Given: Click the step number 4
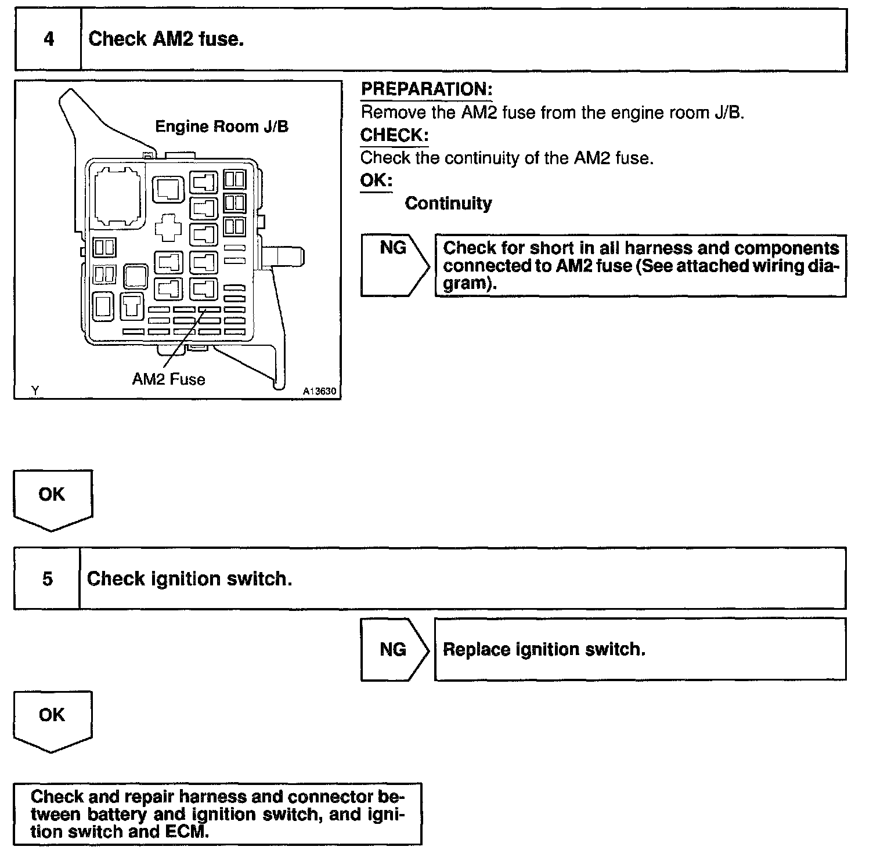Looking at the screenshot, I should coord(49,39).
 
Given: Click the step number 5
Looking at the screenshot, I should coord(48,579).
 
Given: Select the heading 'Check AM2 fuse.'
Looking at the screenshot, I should coord(165,39).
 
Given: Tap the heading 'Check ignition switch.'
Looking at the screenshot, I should coord(189,579).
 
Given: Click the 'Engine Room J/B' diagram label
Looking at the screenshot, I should coord(222,126).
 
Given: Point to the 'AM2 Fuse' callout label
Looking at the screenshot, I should coord(169,379).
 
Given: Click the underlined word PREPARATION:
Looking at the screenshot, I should coord(427,89).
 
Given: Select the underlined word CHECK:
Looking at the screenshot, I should coord(394,135).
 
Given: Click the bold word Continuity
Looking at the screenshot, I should coord(448,204).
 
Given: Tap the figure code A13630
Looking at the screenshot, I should coord(319,391).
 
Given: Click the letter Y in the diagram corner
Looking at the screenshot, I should coord(35,391).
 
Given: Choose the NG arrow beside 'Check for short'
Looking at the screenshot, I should coord(394,265).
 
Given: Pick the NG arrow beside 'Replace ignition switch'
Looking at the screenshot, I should coord(394,649).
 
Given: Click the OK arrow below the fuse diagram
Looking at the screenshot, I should coord(52,498).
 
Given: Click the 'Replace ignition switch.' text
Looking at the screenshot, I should coord(544,649).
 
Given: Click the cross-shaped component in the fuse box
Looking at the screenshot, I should coord(169,227).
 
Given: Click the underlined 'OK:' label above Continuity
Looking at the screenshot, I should coord(376,180).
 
